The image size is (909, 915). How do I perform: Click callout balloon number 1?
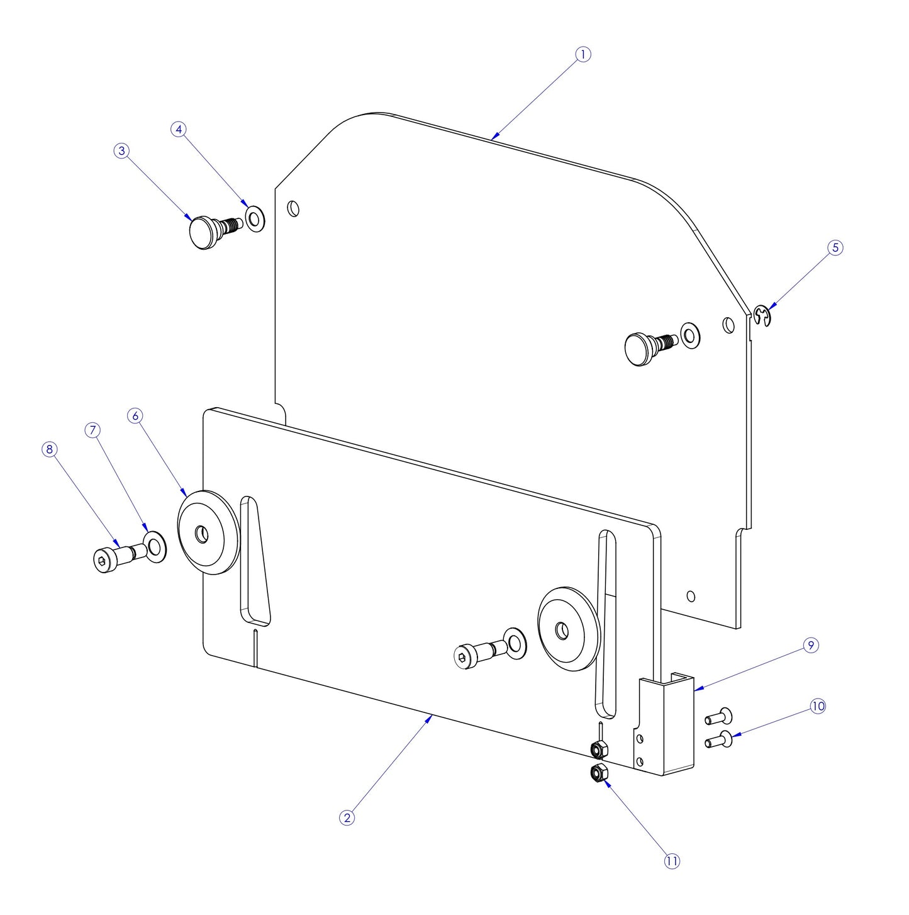(583, 55)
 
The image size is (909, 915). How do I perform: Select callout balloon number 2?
(347, 817)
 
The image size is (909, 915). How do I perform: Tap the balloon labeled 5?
(835, 247)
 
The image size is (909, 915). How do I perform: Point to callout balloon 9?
(811, 645)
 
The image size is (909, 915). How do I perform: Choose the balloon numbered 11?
(672, 861)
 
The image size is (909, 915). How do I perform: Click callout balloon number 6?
(135, 416)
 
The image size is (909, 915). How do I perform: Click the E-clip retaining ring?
(762, 316)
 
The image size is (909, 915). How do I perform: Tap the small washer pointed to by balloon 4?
(255, 218)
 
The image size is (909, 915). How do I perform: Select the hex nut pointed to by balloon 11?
(598, 773)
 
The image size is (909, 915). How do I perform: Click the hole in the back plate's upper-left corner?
(293, 208)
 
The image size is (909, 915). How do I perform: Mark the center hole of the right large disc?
(562, 630)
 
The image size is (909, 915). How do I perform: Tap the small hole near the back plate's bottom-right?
(691, 596)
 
